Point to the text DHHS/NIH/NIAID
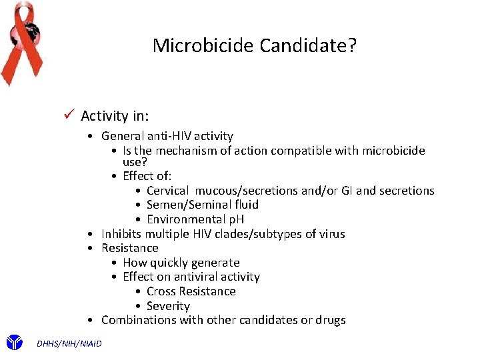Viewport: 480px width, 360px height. click(70, 343)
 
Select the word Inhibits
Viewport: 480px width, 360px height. click(121, 234)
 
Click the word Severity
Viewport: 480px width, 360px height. click(168, 306)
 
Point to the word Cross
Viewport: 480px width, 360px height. click(161, 291)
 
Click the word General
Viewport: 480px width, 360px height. click(122, 136)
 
